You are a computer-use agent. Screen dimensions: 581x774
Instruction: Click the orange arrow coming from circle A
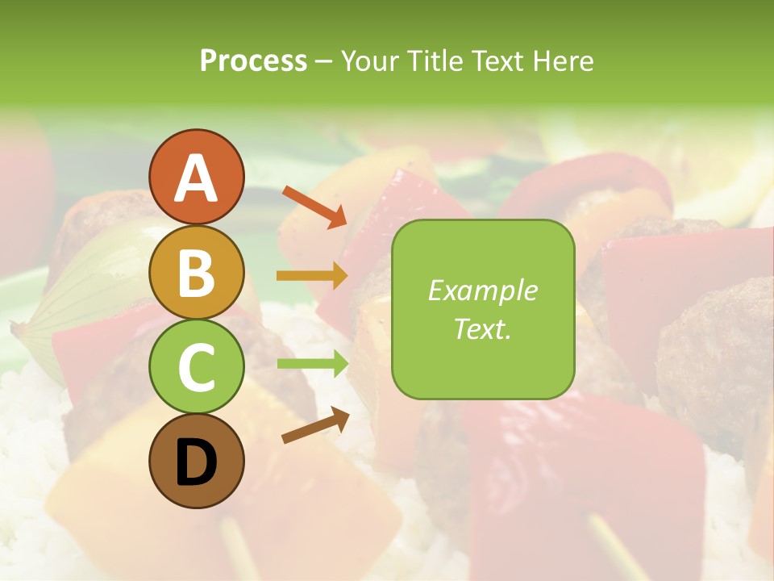(314, 207)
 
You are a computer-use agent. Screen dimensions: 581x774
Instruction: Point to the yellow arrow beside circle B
(312, 276)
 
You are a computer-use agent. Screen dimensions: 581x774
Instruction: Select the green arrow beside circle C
(312, 364)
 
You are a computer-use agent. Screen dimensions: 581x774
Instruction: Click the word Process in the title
(253, 61)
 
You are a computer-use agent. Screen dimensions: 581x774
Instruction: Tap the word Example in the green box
(483, 290)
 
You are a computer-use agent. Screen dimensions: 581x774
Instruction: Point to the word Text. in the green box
(483, 328)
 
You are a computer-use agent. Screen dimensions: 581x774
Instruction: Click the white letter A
(196, 178)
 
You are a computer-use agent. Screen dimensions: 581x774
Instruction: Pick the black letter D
(196, 463)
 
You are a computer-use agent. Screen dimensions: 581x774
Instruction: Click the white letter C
(196, 368)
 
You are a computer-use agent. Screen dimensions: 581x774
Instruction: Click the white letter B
(196, 274)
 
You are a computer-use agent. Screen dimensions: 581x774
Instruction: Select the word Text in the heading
(496, 61)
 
